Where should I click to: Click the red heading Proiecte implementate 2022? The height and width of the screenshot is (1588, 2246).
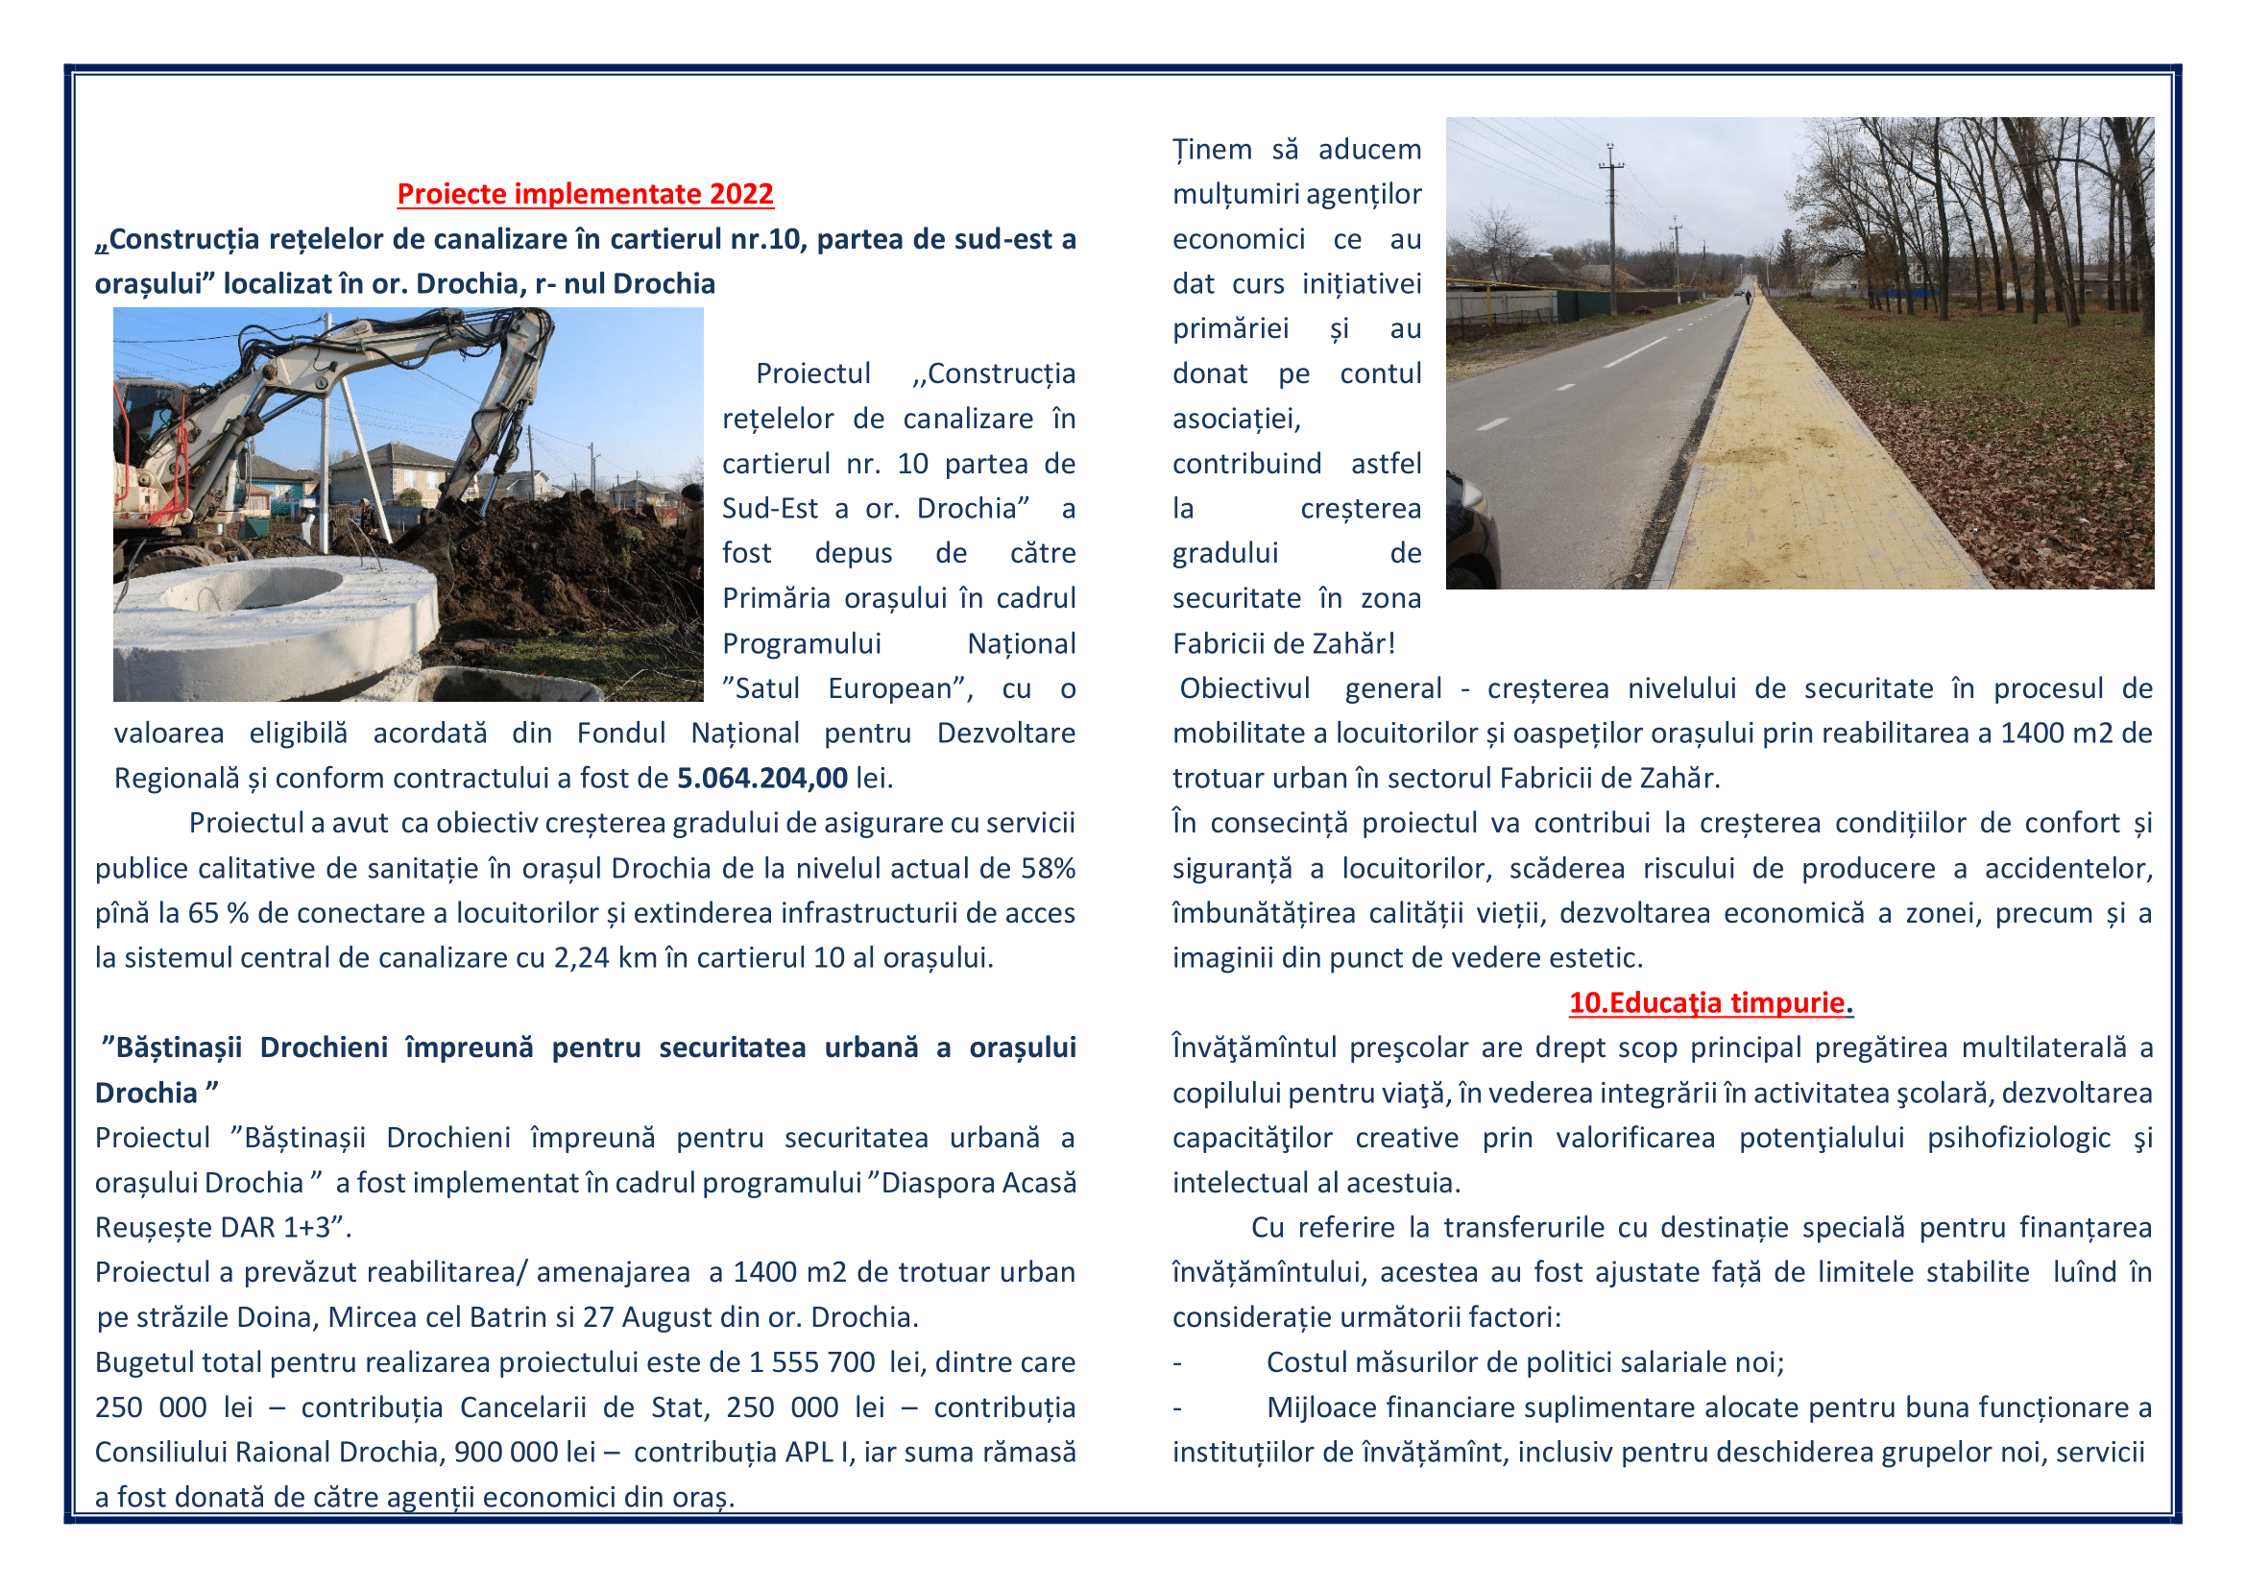(x=585, y=194)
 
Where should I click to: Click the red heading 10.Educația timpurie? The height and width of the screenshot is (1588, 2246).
(x=1711, y=1002)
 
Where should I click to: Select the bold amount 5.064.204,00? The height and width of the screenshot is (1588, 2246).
(x=762, y=779)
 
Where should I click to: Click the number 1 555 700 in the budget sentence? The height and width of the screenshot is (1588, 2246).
(x=812, y=1362)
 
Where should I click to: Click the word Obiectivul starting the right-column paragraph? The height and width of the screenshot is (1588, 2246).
(x=1244, y=688)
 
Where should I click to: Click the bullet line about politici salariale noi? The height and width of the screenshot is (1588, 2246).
(x=1525, y=1362)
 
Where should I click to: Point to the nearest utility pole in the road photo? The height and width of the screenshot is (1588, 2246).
(x=1611, y=225)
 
